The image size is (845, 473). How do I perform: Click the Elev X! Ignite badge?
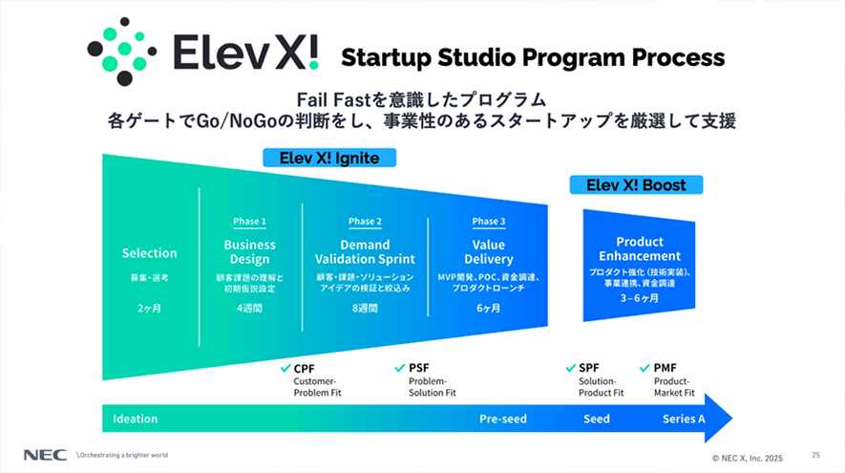pyautogui.click(x=329, y=158)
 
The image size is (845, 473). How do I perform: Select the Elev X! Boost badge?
pyautogui.click(x=636, y=185)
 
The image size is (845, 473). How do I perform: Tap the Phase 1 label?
pyautogui.click(x=249, y=221)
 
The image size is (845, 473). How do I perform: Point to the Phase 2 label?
pyautogui.click(x=365, y=221)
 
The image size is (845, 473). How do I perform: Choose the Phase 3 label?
pyautogui.click(x=489, y=221)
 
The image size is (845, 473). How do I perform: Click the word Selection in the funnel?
pyautogui.click(x=149, y=253)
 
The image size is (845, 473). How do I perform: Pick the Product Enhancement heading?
pyautogui.click(x=640, y=248)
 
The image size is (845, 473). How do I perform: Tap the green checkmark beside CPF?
pyautogui.click(x=285, y=369)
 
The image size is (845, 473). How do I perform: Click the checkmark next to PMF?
pyautogui.click(x=644, y=369)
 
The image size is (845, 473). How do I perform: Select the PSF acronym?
pyautogui.click(x=419, y=368)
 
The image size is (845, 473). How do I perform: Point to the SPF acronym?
pyautogui.click(x=589, y=368)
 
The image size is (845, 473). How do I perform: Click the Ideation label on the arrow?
pyautogui.click(x=136, y=419)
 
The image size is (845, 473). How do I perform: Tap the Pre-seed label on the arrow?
pyautogui.click(x=503, y=419)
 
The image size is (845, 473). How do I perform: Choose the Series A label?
pyautogui.click(x=684, y=419)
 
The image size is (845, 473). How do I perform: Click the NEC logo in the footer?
pyautogui.click(x=45, y=455)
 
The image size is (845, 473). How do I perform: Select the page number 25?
pyautogui.click(x=816, y=455)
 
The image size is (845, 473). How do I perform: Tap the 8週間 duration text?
pyautogui.click(x=365, y=308)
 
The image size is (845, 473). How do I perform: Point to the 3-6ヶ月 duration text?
pyautogui.click(x=639, y=298)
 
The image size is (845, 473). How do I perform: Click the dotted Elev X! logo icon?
pyautogui.click(x=122, y=52)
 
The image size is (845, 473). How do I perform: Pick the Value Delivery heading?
pyautogui.click(x=489, y=252)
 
